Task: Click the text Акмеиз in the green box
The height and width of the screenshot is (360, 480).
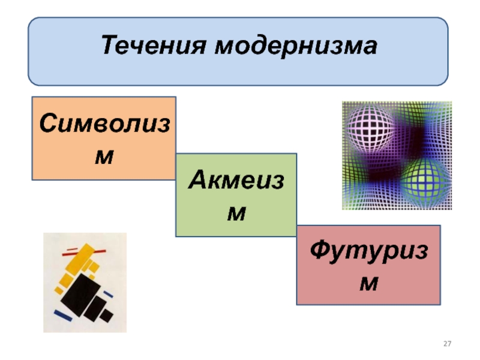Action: click(x=236, y=181)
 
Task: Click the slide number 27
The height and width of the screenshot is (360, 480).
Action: click(x=447, y=344)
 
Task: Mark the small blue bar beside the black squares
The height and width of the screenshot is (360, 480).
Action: click(x=108, y=295)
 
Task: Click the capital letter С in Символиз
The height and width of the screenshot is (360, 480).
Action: click(x=49, y=124)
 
